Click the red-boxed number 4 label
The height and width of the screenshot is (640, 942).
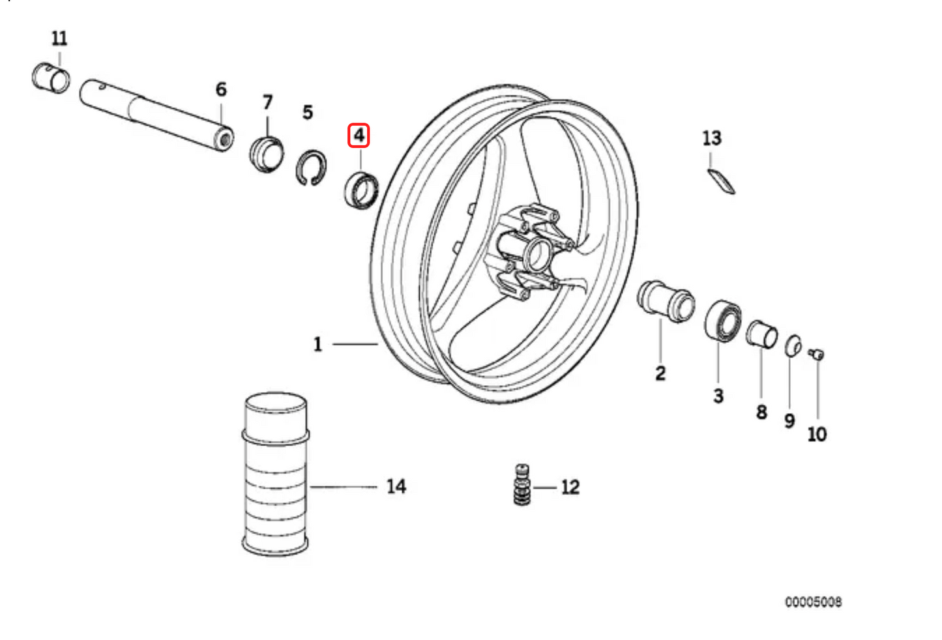pos(359,136)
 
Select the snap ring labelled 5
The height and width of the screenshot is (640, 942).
pos(312,167)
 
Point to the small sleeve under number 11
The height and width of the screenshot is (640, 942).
pos(51,78)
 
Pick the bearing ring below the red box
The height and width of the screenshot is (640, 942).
pos(361,190)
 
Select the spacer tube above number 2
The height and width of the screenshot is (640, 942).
pos(665,301)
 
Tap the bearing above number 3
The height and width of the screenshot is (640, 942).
pos(722,320)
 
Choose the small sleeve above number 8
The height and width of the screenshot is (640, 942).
pos(761,334)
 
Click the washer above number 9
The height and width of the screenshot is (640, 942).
pos(793,346)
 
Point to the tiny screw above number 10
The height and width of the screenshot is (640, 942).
pos(816,354)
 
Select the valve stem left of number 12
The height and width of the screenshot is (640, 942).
pos(522,485)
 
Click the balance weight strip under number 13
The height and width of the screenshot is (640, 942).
pos(722,181)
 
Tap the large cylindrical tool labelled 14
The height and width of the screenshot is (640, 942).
pos(275,474)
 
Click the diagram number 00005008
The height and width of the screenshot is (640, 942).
pos(813,602)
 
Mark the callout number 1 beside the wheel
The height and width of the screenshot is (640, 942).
pos(317,344)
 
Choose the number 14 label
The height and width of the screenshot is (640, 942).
pos(396,486)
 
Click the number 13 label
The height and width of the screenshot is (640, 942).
pos(712,138)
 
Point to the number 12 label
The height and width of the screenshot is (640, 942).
pos(570,487)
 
